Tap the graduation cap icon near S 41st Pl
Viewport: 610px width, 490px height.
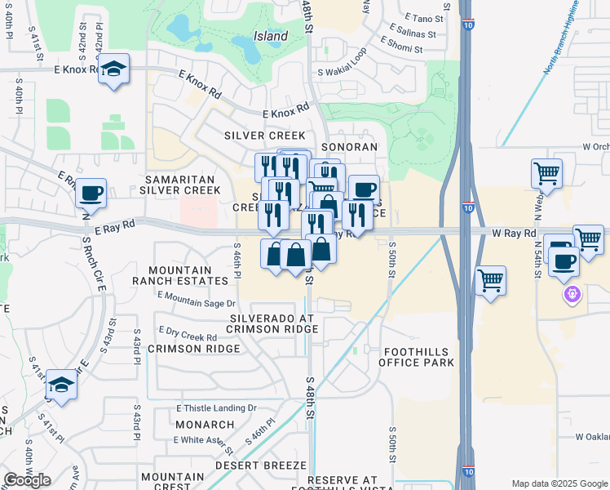coord(61,385)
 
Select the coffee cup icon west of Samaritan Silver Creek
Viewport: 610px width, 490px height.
coord(91,194)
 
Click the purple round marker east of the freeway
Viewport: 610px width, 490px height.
coord(571,294)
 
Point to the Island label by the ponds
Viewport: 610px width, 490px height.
coord(270,36)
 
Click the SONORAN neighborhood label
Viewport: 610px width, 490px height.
coord(350,147)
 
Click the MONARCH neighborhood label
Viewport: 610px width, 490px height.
coord(205,425)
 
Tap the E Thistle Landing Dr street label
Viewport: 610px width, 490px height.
coord(216,408)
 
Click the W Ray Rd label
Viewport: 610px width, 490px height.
coord(514,234)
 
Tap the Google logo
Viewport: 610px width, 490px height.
coord(27,480)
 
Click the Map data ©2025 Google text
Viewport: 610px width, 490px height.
coord(559,483)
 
